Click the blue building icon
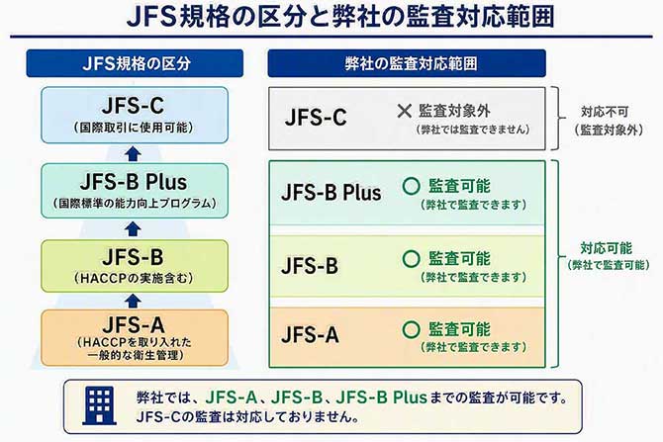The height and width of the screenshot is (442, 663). point(99,405)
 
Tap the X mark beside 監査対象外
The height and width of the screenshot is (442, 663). point(404,111)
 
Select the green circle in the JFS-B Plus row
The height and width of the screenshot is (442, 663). point(411,186)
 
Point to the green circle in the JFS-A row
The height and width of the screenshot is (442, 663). point(411,329)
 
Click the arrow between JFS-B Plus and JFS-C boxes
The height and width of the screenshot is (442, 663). point(134,154)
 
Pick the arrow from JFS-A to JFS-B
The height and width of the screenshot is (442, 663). point(134,301)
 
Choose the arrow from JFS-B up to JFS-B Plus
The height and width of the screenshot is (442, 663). point(134,229)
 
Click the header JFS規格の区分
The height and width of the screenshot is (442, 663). point(137,63)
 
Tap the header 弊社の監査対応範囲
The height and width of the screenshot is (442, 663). point(411,63)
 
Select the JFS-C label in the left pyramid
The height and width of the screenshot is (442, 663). point(134,106)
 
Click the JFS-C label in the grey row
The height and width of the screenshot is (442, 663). point(316,117)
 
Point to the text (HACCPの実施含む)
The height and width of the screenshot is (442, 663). point(134,278)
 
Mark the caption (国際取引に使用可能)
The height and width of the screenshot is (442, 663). point(134,128)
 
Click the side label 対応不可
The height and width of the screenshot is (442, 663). point(605,112)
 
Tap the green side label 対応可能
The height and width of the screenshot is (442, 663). point(607,248)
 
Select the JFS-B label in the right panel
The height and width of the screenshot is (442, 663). point(310,266)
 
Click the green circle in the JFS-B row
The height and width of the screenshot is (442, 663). point(411,259)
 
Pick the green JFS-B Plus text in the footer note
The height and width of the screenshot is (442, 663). point(381,398)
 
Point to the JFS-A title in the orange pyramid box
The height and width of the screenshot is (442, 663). point(134,325)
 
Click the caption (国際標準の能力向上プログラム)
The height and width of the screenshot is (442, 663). point(135,204)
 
